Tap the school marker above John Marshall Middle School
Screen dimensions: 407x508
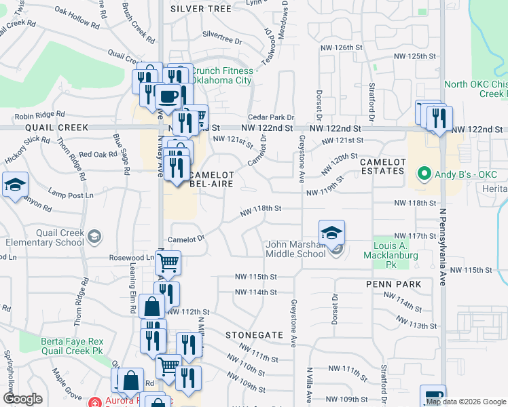click(x=331, y=233)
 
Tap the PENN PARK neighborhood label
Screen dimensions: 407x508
click(x=393, y=284)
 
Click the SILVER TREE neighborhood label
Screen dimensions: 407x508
click(x=201, y=9)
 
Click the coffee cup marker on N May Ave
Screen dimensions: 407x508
click(x=168, y=96)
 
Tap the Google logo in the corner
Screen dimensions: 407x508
click(x=22, y=399)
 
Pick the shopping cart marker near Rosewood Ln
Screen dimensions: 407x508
click(x=168, y=263)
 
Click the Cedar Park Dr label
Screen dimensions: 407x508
click(x=270, y=117)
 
